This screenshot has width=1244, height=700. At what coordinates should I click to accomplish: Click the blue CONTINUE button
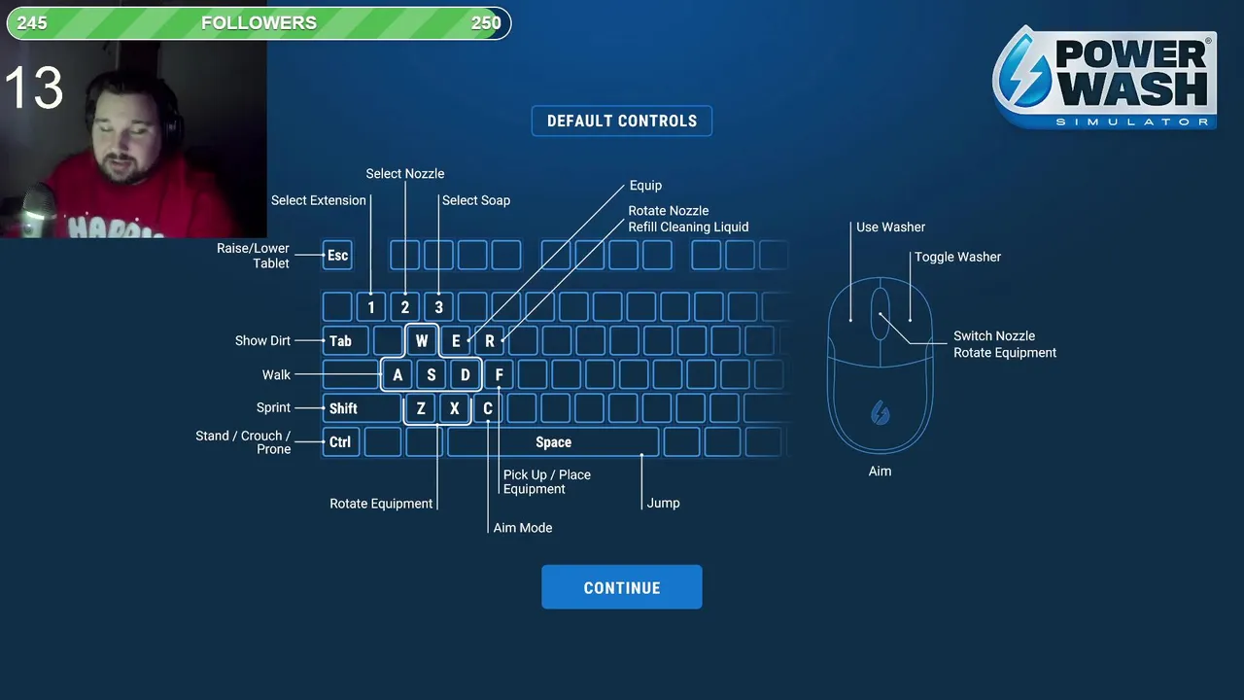[621, 587]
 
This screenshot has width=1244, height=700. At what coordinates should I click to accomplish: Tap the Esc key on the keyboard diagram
[337, 256]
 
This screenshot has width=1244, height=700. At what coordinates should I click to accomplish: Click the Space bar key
[553, 442]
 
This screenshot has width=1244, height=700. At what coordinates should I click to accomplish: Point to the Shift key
[343, 408]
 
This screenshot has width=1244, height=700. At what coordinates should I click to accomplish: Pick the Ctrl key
[339, 442]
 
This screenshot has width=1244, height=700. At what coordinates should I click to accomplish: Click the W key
[422, 341]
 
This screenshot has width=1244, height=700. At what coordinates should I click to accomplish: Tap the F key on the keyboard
[499, 375]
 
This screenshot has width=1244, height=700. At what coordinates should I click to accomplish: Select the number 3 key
[438, 307]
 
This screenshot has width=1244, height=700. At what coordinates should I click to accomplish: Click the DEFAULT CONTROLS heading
[621, 121]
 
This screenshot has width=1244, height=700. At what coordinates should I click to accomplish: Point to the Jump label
[663, 503]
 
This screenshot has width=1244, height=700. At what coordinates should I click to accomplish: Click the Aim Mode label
[522, 528]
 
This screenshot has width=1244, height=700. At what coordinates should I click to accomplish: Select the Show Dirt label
[262, 341]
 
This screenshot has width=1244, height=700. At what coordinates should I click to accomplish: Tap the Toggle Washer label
[957, 257]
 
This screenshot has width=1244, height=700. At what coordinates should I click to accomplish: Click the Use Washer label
[890, 227]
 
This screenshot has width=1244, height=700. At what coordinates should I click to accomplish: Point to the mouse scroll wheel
[880, 313]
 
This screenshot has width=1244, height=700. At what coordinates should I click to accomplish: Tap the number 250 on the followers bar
[486, 23]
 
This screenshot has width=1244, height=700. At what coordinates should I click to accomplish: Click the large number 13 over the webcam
[34, 88]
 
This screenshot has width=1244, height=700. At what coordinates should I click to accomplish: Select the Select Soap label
[475, 200]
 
